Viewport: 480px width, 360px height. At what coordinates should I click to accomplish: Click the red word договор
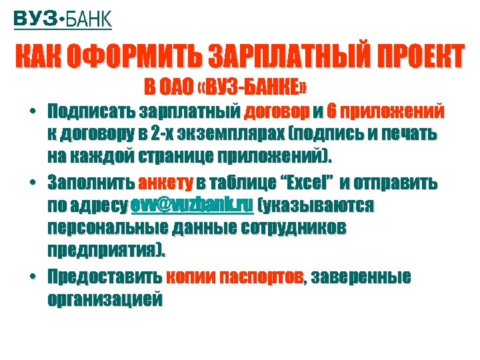277,110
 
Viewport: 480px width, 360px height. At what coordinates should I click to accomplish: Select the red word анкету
165,182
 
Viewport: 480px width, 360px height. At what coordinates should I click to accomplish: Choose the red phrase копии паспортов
234,276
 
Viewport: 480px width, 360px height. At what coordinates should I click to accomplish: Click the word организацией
105,299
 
